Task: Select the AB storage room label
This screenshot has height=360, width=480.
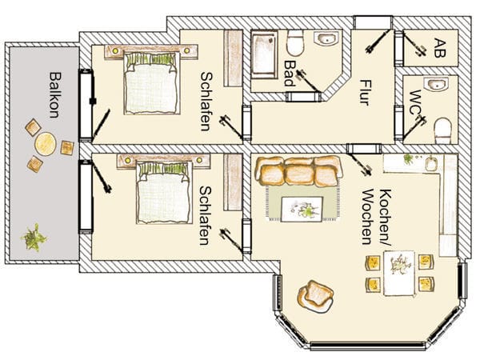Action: pyautogui.click(x=440, y=48)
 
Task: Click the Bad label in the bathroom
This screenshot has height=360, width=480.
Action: pyautogui.click(x=290, y=73)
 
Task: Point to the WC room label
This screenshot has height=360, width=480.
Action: pyautogui.click(x=416, y=103)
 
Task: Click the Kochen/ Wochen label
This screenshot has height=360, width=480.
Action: pyautogui.click(x=376, y=217)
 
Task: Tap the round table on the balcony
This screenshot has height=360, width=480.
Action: pyautogui.click(x=46, y=143)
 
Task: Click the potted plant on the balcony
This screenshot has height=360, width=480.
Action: pyautogui.click(x=34, y=238)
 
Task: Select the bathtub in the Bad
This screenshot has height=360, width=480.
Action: pyautogui.click(x=264, y=54)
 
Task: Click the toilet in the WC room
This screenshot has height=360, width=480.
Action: pyautogui.click(x=442, y=130)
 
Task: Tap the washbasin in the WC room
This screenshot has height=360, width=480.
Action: pyautogui.click(x=436, y=84)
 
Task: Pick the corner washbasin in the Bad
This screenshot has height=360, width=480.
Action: pyautogui.click(x=326, y=39)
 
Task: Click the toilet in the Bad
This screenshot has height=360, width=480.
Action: pyautogui.click(x=295, y=42)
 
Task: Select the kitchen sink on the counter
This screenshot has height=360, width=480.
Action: pyautogui.click(x=431, y=164)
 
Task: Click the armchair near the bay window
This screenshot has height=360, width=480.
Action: pyautogui.click(x=315, y=296)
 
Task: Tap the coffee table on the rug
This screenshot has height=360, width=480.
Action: pyautogui.click(x=302, y=210)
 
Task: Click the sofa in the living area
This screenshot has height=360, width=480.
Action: pyautogui.click(x=298, y=171)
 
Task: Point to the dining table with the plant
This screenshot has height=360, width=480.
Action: pyautogui.click(x=399, y=273)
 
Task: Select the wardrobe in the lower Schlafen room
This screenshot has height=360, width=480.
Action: pyautogui.click(x=233, y=182)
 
